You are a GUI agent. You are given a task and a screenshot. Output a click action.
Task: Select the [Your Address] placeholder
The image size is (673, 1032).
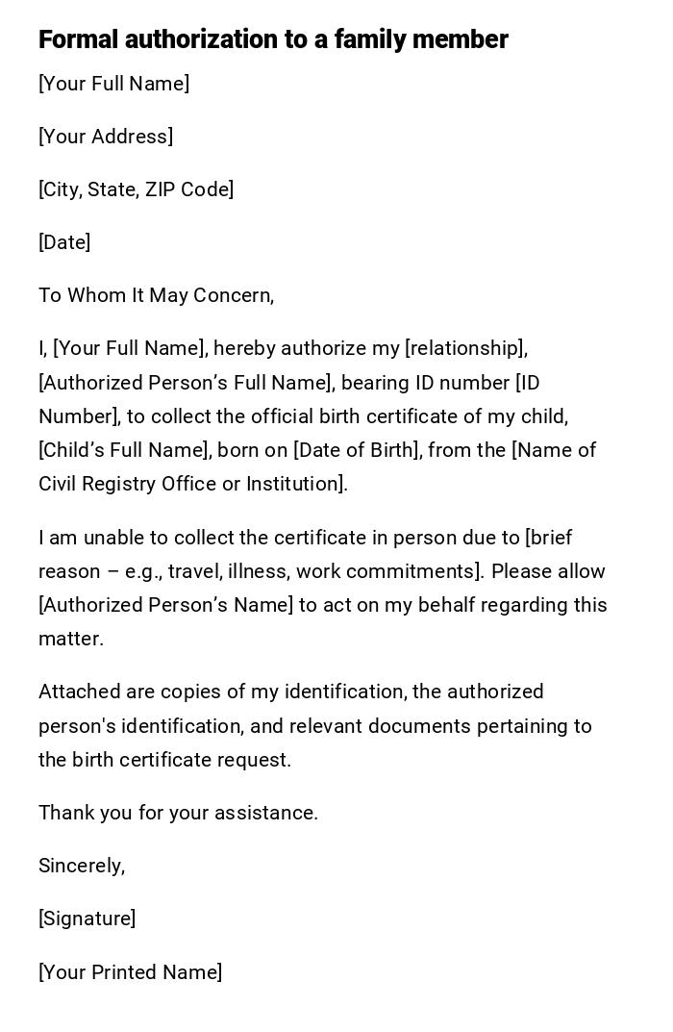click(106, 137)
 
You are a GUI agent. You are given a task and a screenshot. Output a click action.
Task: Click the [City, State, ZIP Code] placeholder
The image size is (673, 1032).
click(136, 189)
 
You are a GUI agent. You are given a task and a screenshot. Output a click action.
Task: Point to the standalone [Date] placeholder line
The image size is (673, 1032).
click(64, 242)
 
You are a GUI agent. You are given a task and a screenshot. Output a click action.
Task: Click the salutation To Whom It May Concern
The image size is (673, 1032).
click(156, 295)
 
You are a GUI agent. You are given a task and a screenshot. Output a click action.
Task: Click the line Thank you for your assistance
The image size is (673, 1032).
click(178, 813)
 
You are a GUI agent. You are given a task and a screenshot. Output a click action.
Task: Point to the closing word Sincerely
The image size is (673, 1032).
click(81, 866)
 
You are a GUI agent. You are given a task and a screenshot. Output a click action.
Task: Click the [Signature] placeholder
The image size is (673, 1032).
click(87, 919)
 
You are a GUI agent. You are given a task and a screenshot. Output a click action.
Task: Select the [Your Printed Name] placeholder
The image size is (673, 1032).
click(130, 972)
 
